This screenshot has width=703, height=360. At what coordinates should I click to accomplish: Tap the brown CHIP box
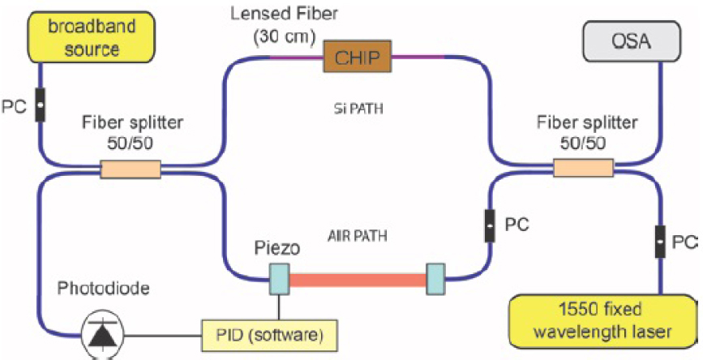point(357,56)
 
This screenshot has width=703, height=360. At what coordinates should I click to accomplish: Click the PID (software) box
point(266,333)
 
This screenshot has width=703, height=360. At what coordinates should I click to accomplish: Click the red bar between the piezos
point(358,281)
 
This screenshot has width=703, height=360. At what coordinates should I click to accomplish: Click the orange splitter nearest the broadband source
point(130,170)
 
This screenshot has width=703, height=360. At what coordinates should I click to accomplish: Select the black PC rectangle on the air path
point(490,223)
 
